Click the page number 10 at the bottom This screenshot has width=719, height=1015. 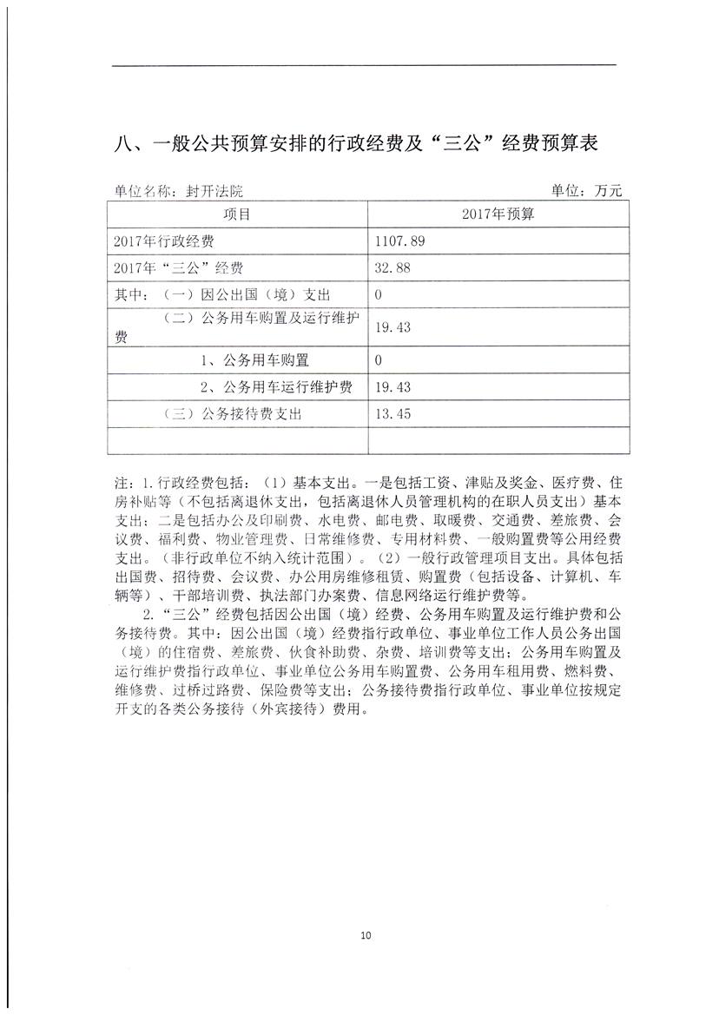click(x=365, y=935)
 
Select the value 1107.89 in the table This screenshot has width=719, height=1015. click(x=399, y=241)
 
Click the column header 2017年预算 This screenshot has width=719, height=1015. click(x=498, y=214)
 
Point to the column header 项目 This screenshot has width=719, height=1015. click(x=236, y=214)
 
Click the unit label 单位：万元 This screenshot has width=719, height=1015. click(x=587, y=192)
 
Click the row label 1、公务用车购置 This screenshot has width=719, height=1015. click(x=254, y=359)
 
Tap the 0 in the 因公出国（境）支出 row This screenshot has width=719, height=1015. click(x=379, y=296)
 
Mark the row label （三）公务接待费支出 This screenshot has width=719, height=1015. click(x=232, y=414)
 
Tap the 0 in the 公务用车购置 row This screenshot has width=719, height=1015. click(x=379, y=359)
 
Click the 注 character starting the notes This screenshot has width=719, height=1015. click(x=120, y=481)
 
